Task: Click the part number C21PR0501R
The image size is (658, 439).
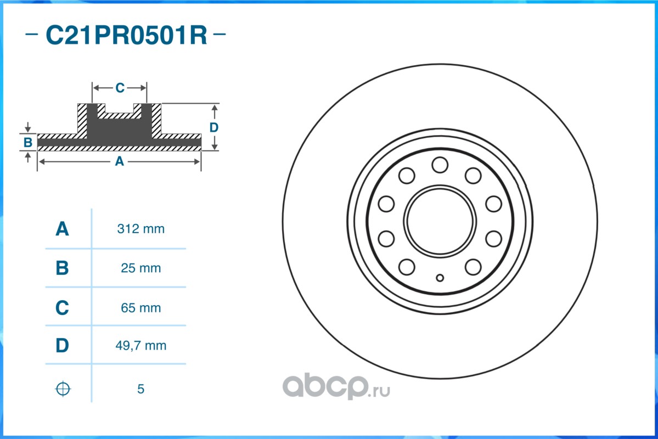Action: [x=126, y=36]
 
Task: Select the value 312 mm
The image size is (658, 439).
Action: [x=140, y=229]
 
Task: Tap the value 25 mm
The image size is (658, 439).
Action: [x=140, y=268]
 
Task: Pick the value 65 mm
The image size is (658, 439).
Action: [x=140, y=308]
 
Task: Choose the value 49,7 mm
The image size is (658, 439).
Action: [x=140, y=346]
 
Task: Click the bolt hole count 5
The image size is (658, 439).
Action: [x=140, y=389]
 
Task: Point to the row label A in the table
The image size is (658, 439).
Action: [x=63, y=229]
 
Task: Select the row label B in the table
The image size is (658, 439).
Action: [x=63, y=268]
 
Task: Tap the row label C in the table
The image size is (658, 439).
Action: [x=63, y=308]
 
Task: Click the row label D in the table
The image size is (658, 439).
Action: [x=63, y=346]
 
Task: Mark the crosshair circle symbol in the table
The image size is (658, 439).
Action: [x=63, y=389]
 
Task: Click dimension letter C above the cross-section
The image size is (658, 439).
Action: [x=120, y=88]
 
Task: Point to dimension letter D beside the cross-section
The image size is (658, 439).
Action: [x=214, y=127]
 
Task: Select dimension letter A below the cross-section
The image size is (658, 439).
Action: [x=119, y=161]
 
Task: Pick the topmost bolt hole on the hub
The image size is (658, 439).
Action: [x=440, y=164]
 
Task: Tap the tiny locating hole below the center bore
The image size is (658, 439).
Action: [x=440, y=277]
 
